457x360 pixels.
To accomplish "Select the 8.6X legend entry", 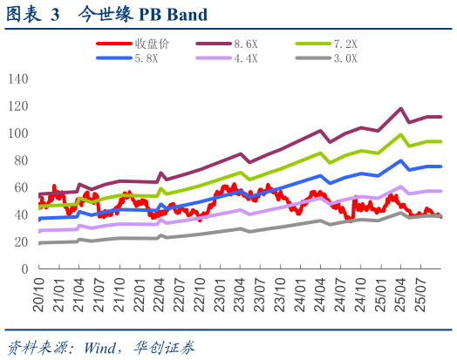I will point(245,44).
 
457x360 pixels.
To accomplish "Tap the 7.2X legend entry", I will point(343,44).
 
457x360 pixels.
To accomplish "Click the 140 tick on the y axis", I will point(18,78).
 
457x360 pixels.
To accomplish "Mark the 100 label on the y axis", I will point(18,133).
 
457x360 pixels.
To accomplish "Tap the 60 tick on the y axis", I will point(22,188).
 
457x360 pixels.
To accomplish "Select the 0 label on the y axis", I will point(25,270).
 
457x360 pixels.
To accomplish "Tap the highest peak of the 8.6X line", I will point(400,109).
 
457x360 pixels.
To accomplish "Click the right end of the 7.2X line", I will point(440,141).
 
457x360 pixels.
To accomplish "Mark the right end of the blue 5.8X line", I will point(440,166).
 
